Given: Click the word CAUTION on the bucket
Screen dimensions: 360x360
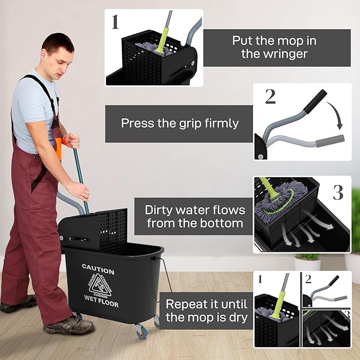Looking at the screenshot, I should pyautogui.click(x=98, y=271).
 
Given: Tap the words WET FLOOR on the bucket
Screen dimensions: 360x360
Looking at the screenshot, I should pyautogui.click(x=101, y=304).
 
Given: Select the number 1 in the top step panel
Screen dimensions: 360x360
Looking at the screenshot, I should pyautogui.click(x=115, y=22).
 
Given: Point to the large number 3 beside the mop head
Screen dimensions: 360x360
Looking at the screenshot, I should pyautogui.click(x=338, y=192).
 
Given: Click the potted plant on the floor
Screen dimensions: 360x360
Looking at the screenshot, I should pyautogui.click(x=307, y=261).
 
